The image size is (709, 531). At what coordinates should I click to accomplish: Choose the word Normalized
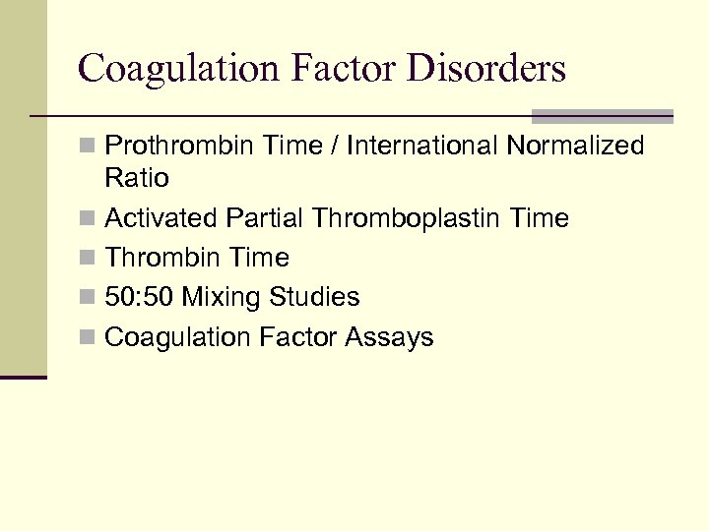point(575,147)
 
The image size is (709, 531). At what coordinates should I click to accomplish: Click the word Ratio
point(137,179)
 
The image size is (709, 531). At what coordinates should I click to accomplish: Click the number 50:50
point(140,297)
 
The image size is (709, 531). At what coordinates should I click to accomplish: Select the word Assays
point(389,337)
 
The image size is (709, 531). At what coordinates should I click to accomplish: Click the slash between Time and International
point(338,147)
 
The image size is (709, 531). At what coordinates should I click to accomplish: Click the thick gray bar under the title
point(602,115)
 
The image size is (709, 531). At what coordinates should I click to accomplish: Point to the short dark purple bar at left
point(23,377)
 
